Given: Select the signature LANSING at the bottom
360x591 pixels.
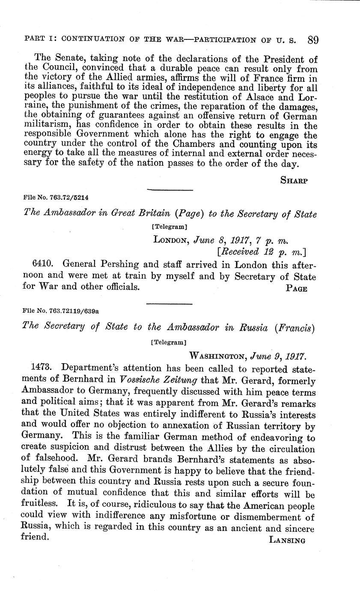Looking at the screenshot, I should [287, 540].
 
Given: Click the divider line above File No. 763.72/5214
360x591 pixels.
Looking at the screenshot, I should [170, 189].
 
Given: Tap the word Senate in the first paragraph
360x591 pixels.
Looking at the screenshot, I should [61, 59].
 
